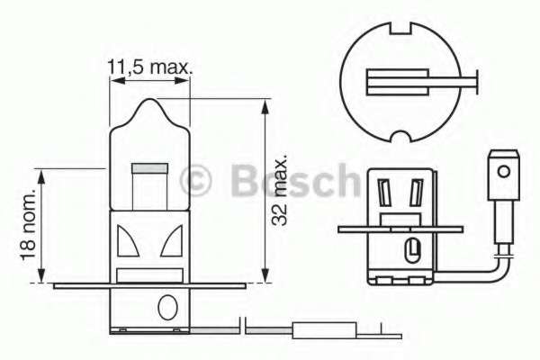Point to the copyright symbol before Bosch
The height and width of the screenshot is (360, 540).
pyautogui.click(x=196, y=181)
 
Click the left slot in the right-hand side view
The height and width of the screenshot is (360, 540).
pyautogui.click(x=384, y=193)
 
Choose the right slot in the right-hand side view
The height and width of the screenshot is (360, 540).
pyautogui.click(x=415, y=193)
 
